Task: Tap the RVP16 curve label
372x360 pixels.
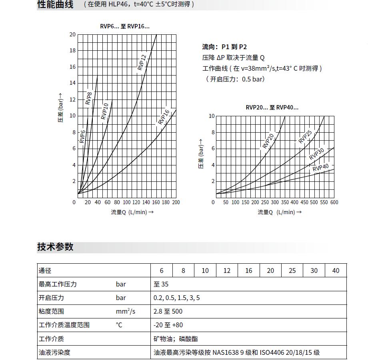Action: pos(164,117)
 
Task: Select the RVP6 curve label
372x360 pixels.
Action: pos(82,136)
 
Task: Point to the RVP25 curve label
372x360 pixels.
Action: pos(305,137)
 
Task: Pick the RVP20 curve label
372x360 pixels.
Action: pos(268,141)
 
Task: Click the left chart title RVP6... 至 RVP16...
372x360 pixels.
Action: pos(124,26)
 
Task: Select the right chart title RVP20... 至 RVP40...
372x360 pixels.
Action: pos(272,107)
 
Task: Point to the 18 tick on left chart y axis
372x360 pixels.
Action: pos(72,50)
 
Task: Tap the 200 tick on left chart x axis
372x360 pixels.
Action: pos(176,202)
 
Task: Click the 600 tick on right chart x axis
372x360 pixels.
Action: pos(334,202)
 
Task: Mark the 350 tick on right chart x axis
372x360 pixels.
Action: pos(284,202)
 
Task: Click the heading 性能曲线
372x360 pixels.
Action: pos(55,5)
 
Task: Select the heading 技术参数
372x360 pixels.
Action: pos(55,247)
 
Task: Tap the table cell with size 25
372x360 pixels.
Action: pos(292,270)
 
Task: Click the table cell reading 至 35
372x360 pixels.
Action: pos(161,284)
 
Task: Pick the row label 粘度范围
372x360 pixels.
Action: pos(51,311)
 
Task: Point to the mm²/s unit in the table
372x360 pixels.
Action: pos(125,311)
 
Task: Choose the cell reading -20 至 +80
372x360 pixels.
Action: pos(168,325)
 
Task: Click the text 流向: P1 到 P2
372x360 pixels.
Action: pos(224,47)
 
